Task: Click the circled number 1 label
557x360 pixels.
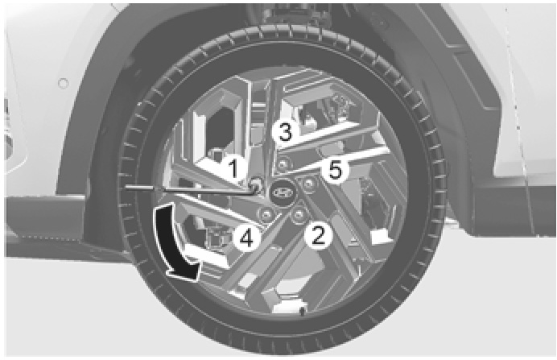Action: click(233, 168)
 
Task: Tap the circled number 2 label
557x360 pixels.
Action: click(318, 236)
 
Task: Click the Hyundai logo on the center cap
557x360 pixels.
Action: click(283, 192)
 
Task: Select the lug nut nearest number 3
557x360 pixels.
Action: click(282, 164)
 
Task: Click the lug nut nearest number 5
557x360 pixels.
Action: click(307, 184)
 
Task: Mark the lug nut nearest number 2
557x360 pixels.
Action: click(299, 214)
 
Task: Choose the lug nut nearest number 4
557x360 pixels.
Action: click(266, 214)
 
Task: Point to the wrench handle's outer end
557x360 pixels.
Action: click(127, 188)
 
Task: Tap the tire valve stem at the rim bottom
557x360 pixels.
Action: click(303, 312)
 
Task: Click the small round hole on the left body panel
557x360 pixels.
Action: click(63, 84)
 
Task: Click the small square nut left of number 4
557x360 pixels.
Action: click(217, 237)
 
